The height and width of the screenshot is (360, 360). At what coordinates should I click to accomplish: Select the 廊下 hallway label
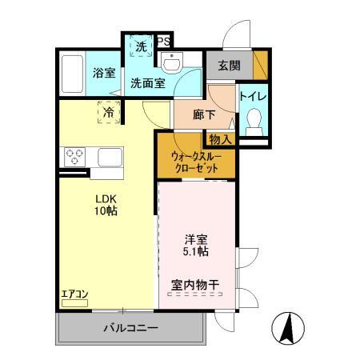[205, 114]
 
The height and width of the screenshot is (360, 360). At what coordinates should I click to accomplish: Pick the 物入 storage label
[222, 139]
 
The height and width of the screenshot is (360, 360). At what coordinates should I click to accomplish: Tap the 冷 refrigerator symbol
[108, 114]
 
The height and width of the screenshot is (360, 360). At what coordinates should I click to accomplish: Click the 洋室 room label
[195, 238]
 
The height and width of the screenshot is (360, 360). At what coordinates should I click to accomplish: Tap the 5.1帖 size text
[195, 251]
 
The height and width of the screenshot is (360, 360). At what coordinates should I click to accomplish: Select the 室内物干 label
[195, 286]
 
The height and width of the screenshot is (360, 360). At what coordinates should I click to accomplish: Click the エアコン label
[74, 294]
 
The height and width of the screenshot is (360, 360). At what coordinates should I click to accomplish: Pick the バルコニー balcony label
[130, 328]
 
